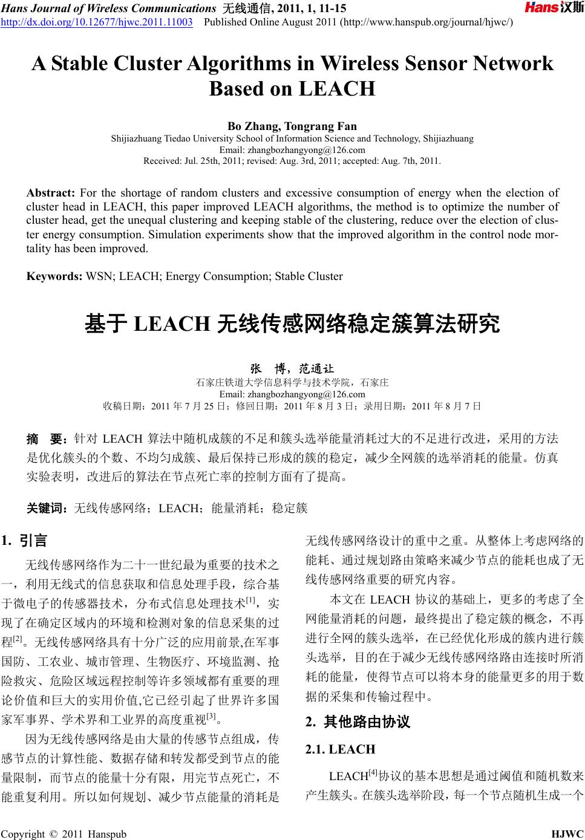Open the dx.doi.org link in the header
click(x=97, y=22)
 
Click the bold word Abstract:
click(x=50, y=193)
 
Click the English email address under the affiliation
click(x=292, y=150)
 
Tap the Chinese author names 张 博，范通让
click(x=292, y=368)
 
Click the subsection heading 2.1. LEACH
click(x=341, y=749)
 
